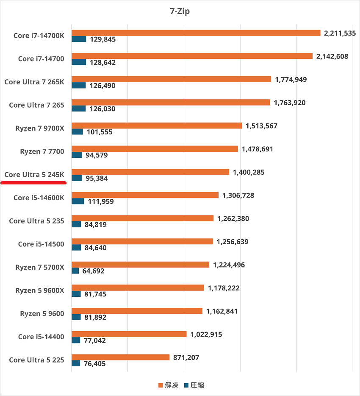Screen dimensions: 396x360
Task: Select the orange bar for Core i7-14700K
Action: tap(196, 33)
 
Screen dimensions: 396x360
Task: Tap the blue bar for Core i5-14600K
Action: tap(78, 201)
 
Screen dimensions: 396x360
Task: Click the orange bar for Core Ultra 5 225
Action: tap(121, 357)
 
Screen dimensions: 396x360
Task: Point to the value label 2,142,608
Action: tap(332, 56)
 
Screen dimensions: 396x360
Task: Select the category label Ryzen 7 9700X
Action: tap(40, 128)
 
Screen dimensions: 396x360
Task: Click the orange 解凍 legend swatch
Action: tap(161, 385)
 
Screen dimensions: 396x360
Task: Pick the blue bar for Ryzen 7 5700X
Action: tap(75, 271)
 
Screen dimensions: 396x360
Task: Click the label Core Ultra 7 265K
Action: tap(34, 82)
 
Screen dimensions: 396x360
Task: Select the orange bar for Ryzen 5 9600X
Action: tap(138, 288)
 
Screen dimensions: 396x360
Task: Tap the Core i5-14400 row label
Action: tap(41, 337)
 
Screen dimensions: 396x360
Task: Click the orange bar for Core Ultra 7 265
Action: tap(171, 102)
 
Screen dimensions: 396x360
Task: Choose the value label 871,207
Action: tap(186, 357)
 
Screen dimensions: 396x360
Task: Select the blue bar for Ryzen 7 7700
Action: tap(77, 155)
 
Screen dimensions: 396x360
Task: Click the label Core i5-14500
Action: tap(41, 244)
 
